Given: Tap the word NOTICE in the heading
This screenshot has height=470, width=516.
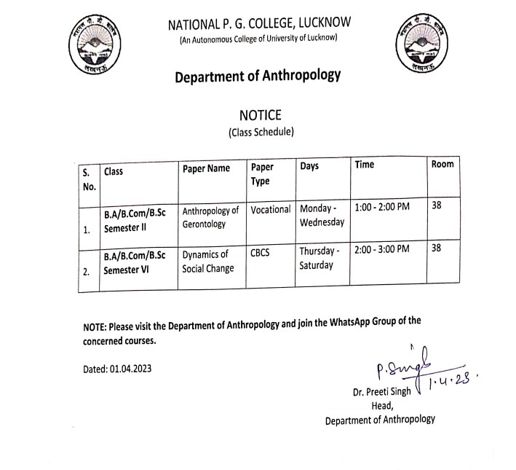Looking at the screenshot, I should [x=260, y=115].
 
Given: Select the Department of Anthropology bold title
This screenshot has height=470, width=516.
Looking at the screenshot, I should [x=258, y=77].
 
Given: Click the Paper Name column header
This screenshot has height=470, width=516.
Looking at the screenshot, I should [x=206, y=169].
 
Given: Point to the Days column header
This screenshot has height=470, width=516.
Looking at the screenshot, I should [x=309, y=167].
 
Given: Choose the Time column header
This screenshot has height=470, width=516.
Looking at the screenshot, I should [x=365, y=165].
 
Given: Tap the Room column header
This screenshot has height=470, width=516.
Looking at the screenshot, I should [x=442, y=165].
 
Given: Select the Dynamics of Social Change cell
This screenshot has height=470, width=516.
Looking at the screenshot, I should [x=208, y=262].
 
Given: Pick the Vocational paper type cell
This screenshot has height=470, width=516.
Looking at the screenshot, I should [x=270, y=209].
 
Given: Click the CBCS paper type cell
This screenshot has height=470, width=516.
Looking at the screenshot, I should [x=261, y=253].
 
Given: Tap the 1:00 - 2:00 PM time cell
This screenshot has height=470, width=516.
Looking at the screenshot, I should [x=382, y=207].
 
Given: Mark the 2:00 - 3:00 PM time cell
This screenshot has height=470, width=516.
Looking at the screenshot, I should [x=382, y=250].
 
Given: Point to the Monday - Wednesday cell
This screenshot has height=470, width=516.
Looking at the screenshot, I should [x=321, y=215].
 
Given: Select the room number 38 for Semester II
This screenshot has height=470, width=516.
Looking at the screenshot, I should [x=437, y=206].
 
